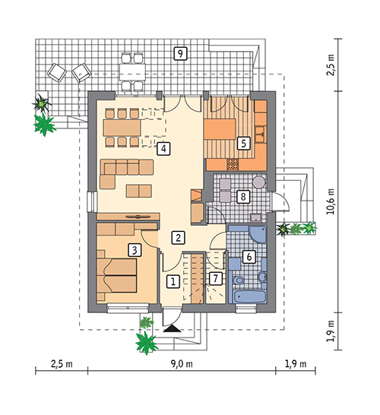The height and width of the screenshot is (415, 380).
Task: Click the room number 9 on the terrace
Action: coord(180,53)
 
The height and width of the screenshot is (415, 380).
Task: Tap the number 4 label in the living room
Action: coord(163,148)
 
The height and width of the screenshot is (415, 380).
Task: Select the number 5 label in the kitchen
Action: coord(243,143)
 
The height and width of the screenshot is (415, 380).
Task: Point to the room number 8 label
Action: coord(243,197)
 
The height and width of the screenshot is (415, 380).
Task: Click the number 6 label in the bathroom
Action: coord(249,256)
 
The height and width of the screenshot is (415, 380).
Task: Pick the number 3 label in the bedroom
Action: coord(135,250)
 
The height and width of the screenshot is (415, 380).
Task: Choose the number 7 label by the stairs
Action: coord(215,278)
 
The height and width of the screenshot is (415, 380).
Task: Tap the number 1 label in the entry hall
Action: coord(173,281)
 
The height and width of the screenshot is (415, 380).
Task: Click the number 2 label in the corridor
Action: coord(178,238)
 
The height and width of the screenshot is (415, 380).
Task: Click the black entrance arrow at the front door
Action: coord(173,328)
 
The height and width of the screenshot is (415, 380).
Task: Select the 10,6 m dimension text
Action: coord(331,201)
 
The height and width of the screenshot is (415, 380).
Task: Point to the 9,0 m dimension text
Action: coord(182,364)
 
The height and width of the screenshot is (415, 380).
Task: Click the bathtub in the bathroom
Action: coord(249,296)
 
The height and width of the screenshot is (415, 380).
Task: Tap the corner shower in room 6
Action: coord(258,234)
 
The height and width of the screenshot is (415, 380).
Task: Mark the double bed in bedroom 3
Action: coord(117,275)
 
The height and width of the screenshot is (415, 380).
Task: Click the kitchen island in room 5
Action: coord(220,129)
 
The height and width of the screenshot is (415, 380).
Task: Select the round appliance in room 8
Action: coord(258,182)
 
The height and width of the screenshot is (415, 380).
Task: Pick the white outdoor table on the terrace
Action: coord(132,72)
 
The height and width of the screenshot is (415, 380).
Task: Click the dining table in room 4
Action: coord(122,128)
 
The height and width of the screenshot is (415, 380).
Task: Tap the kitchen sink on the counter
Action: coord(260,135)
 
